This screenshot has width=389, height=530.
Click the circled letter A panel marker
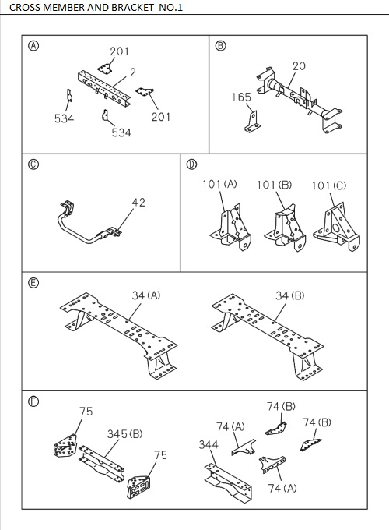coord(33,45)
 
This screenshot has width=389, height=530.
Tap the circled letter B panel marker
coord(220,45)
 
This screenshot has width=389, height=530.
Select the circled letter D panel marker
coord(191,164)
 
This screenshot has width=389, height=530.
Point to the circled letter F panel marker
coord(33,401)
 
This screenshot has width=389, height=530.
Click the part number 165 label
coord(241,97)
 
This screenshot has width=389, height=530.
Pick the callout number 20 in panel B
coord(299,65)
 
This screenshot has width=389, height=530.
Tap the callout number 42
coord(138,202)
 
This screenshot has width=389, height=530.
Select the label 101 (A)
coord(219,185)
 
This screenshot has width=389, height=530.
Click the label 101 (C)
coord(329,185)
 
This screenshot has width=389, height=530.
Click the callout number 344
coord(208,443)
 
